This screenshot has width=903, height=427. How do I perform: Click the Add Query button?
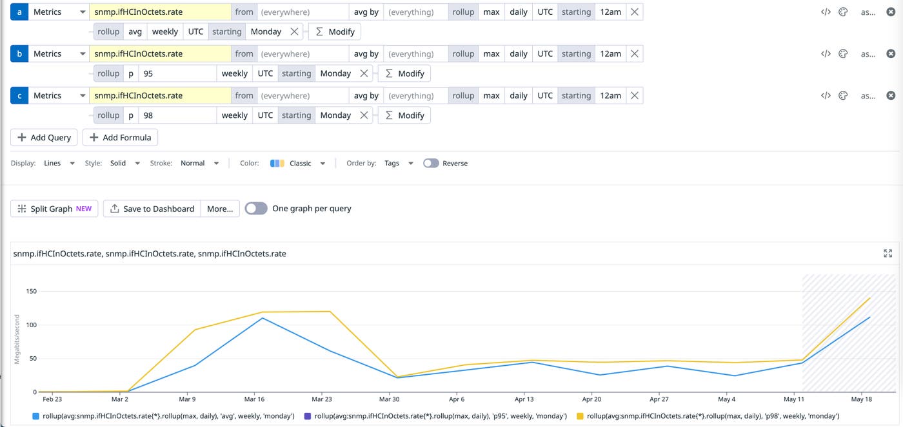click(x=44, y=137)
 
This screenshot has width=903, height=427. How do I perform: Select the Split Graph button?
click(x=54, y=209)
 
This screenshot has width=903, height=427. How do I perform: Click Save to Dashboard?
click(x=152, y=209)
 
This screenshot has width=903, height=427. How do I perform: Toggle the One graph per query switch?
click(x=256, y=209)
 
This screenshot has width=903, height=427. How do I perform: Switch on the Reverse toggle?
click(x=431, y=164)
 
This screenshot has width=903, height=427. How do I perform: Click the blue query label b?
click(x=19, y=54)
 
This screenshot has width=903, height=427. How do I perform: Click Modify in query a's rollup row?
click(x=335, y=32)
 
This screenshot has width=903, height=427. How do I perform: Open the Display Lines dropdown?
click(x=59, y=164)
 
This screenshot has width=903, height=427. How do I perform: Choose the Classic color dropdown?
click(x=299, y=164)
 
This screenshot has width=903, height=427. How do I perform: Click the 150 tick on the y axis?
click(x=31, y=292)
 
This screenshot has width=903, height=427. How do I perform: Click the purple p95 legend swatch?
click(x=308, y=417)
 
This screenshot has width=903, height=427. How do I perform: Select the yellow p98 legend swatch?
click(x=580, y=417)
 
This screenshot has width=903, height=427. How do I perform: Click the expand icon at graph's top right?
click(x=888, y=254)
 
